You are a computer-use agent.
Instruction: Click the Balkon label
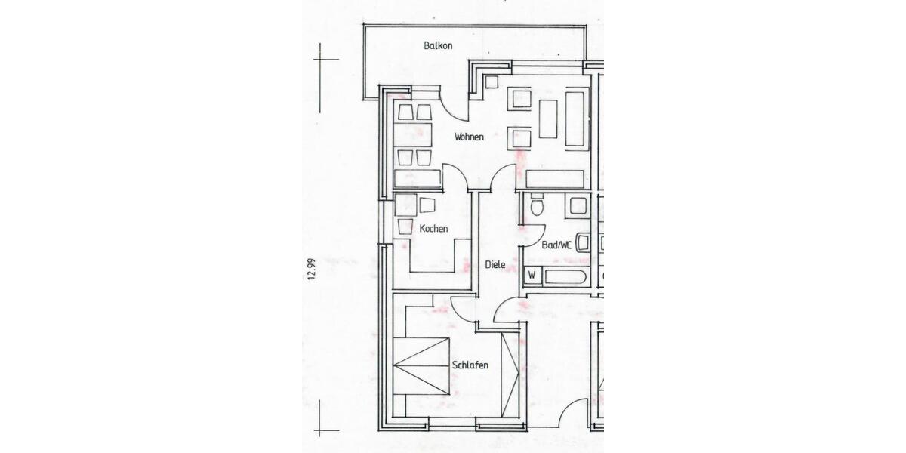(x=438, y=46)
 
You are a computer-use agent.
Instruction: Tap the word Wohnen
(x=469, y=137)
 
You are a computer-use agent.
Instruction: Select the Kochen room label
(x=433, y=228)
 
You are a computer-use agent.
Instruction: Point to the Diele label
(x=495, y=265)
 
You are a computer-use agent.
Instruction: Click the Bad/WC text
(x=556, y=245)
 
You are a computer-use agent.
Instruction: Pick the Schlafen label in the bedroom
(x=470, y=365)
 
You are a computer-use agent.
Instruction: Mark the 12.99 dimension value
(x=311, y=269)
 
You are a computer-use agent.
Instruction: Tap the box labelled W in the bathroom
(x=532, y=276)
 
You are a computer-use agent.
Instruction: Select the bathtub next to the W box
(x=565, y=276)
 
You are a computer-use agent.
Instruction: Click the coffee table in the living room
(x=547, y=119)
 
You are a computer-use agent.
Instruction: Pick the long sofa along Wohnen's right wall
(x=575, y=119)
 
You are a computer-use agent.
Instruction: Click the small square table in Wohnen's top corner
(x=492, y=82)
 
